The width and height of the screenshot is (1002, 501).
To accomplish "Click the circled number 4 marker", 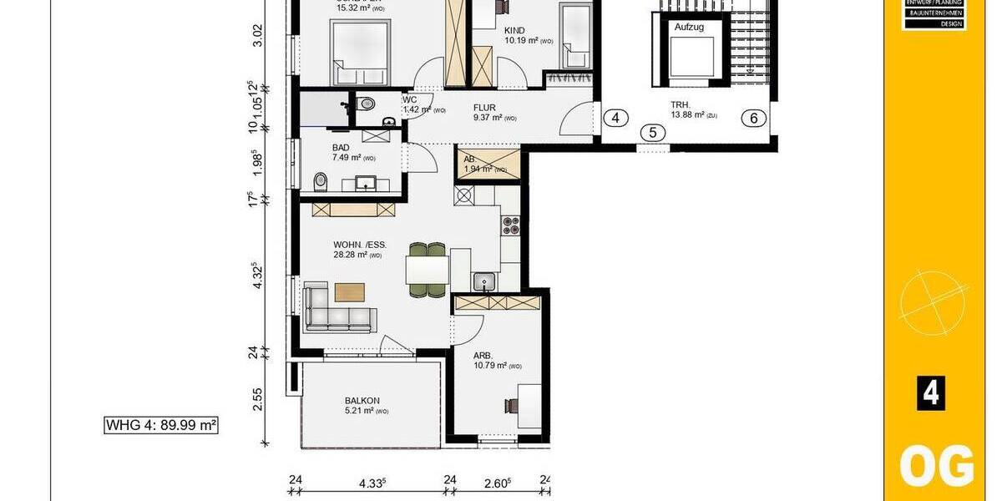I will point(615,118).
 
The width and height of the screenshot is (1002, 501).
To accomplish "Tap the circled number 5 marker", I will point(654,132).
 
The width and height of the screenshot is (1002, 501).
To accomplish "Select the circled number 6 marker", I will point(753,118).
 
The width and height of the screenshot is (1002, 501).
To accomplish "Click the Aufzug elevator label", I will point(689,28).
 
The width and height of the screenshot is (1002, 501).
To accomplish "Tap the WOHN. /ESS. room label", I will point(360,245).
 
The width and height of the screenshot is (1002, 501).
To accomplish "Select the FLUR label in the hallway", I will point(485,107).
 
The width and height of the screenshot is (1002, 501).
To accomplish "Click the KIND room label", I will point(514,30).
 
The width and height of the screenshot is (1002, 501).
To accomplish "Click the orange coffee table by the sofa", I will point(350,291).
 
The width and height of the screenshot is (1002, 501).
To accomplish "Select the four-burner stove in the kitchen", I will point(510,225).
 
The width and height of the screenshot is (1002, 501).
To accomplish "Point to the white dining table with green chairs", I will point(428,270).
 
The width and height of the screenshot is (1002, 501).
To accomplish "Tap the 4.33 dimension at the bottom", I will point(372,482).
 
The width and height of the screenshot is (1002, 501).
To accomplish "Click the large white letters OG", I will point(935,466).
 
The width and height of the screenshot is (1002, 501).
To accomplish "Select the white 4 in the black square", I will point(931,393).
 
